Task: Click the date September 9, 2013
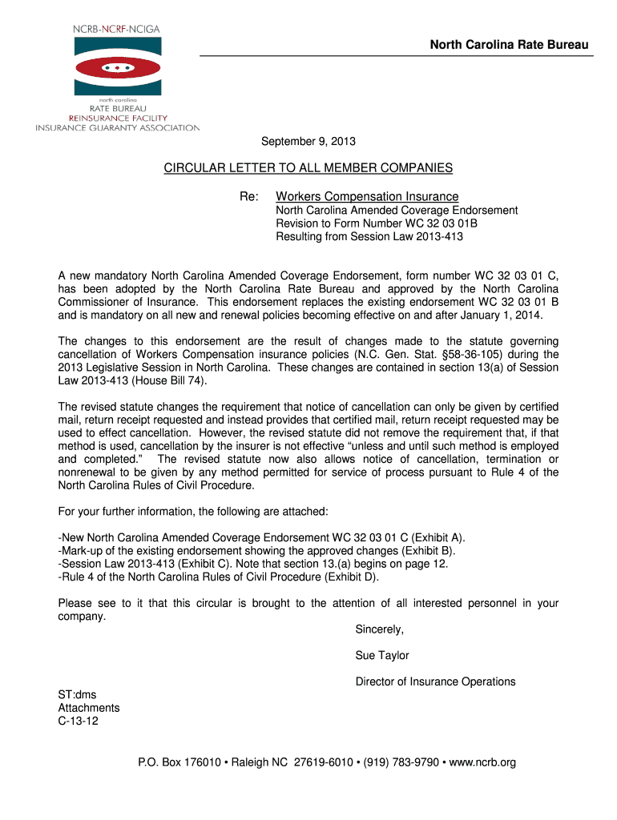coord(308,142)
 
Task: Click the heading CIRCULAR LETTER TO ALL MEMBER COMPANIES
coord(308,168)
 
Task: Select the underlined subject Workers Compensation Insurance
coord(367,196)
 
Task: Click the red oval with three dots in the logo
coord(117,68)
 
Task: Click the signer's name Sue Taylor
coord(382,655)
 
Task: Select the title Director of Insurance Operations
coord(435,681)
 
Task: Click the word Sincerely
coord(380,629)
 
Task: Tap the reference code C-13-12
coord(79,721)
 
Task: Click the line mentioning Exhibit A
coord(261,537)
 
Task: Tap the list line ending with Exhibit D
coord(219,577)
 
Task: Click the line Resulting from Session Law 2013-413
coord(369,237)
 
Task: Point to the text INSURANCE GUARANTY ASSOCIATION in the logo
coord(117,127)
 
